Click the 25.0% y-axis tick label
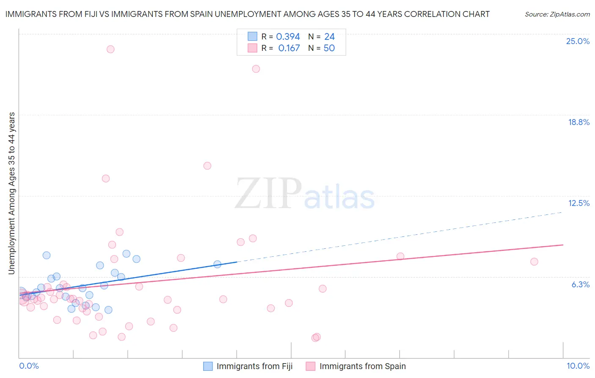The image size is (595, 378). click(578, 41)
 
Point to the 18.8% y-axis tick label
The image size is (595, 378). click(578, 122)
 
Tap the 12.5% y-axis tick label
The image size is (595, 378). click(578, 203)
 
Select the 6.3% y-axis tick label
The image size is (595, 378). click(580, 284)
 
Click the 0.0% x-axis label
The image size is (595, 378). click(29, 366)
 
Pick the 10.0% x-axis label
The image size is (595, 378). click(578, 366)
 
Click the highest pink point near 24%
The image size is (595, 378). click(110, 49)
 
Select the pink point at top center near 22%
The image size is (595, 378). click(256, 69)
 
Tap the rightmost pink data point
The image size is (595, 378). click(534, 262)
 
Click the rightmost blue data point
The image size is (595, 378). click(218, 264)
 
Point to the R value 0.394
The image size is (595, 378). click(288, 37)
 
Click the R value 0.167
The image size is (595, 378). click(289, 48)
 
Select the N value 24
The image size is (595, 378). click(329, 37)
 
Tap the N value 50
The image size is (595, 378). click(329, 48)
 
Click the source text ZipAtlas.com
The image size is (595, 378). click(557, 14)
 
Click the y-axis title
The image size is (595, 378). click(11, 193)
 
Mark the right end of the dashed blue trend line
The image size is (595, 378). click(562, 211)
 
